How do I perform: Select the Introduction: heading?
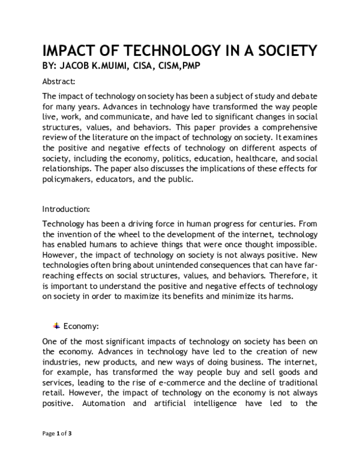click(x=66, y=210)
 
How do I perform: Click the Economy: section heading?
click(x=81, y=326)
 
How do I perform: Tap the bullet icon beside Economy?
click(x=56, y=325)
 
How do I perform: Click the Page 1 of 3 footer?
click(x=57, y=449)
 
